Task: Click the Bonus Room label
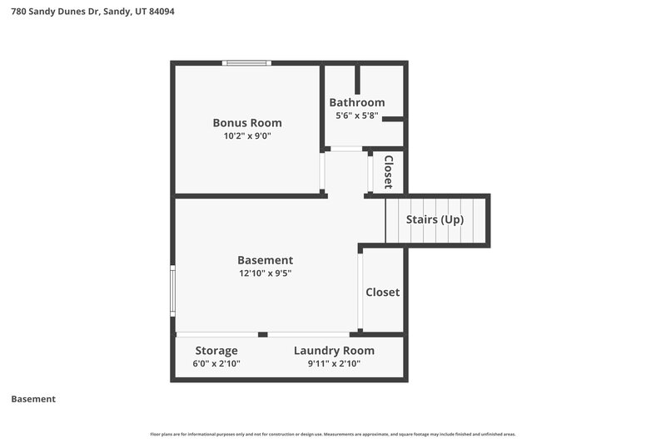click(246, 123)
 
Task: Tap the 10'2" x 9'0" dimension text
click(246, 137)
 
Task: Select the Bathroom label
click(356, 102)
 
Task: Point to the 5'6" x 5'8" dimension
click(356, 116)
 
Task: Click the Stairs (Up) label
click(435, 220)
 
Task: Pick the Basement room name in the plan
click(265, 260)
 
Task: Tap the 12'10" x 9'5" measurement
click(265, 273)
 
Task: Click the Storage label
click(216, 351)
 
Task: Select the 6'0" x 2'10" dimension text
click(216, 364)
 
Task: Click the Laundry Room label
click(334, 351)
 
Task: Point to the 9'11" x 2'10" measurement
click(334, 364)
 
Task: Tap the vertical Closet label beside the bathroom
click(388, 172)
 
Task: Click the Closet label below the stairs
click(383, 293)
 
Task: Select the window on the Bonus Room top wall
click(246, 63)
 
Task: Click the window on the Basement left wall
click(173, 290)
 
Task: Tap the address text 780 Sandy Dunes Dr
click(55, 12)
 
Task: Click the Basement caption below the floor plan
click(33, 399)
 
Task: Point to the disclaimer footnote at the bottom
click(333, 434)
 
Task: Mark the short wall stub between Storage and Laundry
click(262, 334)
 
